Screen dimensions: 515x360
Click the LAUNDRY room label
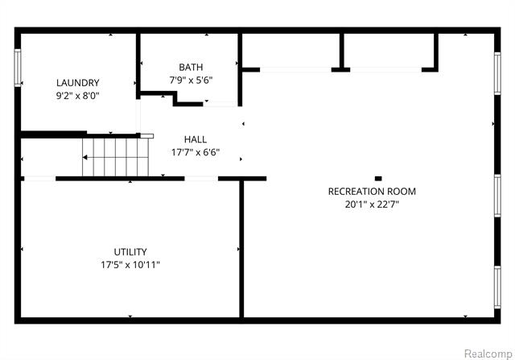[x=78, y=82]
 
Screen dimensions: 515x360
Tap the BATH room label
[x=191, y=67]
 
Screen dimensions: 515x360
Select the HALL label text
[x=196, y=139]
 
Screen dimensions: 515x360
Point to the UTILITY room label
[x=130, y=252]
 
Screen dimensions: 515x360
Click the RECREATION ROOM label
[x=372, y=192]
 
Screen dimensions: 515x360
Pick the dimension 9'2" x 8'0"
[x=78, y=96]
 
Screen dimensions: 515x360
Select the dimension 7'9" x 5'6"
[x=191, y=81]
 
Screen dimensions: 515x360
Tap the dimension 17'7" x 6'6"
[x=196, y=152]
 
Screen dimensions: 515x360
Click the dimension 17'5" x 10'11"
[x=130, y=265]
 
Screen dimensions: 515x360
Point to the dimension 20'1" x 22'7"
[x=372, y=205]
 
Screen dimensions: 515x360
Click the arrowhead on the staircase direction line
[x=84, y=158]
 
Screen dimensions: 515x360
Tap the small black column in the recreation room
[x=378, y=179]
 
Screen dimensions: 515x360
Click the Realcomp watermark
[x=488, y=354]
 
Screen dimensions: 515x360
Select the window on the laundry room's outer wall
[x=18, y=68]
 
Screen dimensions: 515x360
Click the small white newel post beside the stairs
[x=146, y=136]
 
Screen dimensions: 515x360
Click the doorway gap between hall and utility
[x=201, y=179]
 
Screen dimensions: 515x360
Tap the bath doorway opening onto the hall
[x=220, y=104]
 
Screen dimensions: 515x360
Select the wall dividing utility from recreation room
[x=241, y=249]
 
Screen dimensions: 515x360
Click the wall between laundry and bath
[x=138, y=66]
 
